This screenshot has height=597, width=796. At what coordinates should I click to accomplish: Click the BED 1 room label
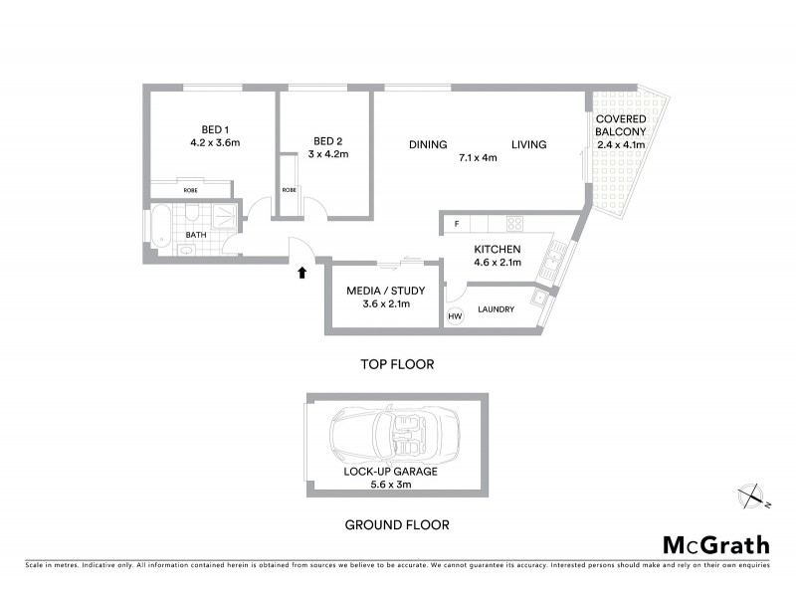(x=215, y=129)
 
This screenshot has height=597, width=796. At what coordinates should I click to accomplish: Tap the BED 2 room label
(x=327, y=140)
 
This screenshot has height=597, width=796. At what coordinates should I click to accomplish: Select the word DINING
(x=427, y=144)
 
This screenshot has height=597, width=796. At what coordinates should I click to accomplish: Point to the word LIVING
(x=529, y=144)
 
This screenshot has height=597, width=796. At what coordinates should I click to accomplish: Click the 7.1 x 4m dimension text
(x=478, y=157)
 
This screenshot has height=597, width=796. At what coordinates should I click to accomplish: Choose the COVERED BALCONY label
(x=621, y=125)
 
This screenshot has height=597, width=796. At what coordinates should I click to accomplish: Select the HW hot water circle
(x=455, y=316)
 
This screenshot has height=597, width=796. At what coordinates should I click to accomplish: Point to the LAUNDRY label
(x=496, y=309)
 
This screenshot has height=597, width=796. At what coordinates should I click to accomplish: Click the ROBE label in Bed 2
(x=289, y=190)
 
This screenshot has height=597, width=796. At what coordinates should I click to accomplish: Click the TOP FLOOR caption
(x=396, y=364)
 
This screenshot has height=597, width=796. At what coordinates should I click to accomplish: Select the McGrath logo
(x=715, y=544)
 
